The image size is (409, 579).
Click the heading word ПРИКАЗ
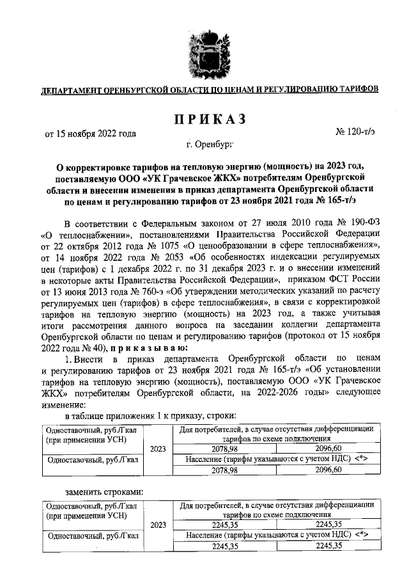(205, 120)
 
